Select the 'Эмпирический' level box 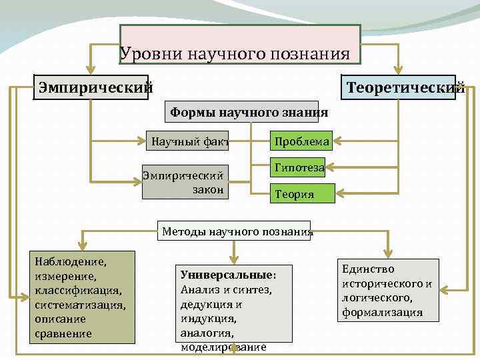coord(91,87)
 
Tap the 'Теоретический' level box coord(399,87)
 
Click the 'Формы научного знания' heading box coord(249,113)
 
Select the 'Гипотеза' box coord(297,168)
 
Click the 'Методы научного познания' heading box coord(235,232)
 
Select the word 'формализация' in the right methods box coord(382,313)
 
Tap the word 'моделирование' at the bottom coord(223,347)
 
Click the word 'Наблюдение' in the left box coord(66,256)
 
